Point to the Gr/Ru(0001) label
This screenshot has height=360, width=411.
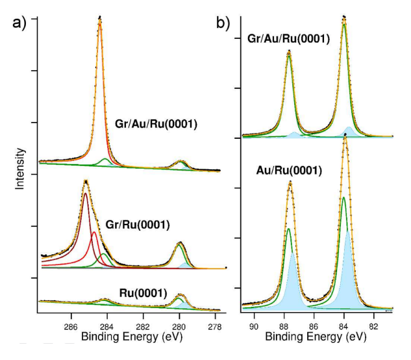tap(139, 225)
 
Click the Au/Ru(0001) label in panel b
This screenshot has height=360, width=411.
tap(289, 171)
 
